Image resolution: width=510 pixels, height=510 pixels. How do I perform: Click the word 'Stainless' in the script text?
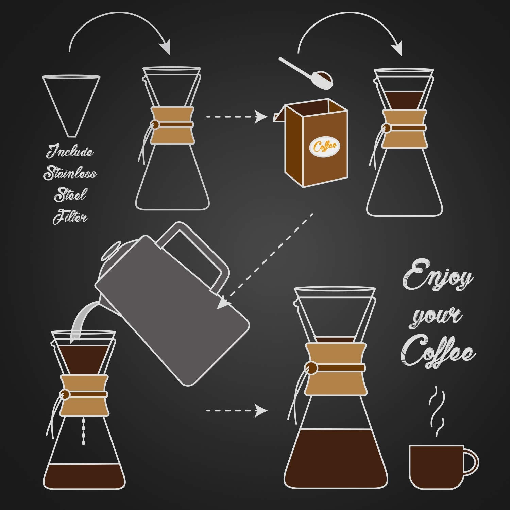point(70,173)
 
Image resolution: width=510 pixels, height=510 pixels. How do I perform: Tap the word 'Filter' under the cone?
point(70,217)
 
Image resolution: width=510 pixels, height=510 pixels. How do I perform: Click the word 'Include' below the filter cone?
point(70,152)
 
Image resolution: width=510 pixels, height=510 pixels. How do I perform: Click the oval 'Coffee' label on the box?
point(325,147)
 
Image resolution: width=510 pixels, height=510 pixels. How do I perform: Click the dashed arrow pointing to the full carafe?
point(236,410)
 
